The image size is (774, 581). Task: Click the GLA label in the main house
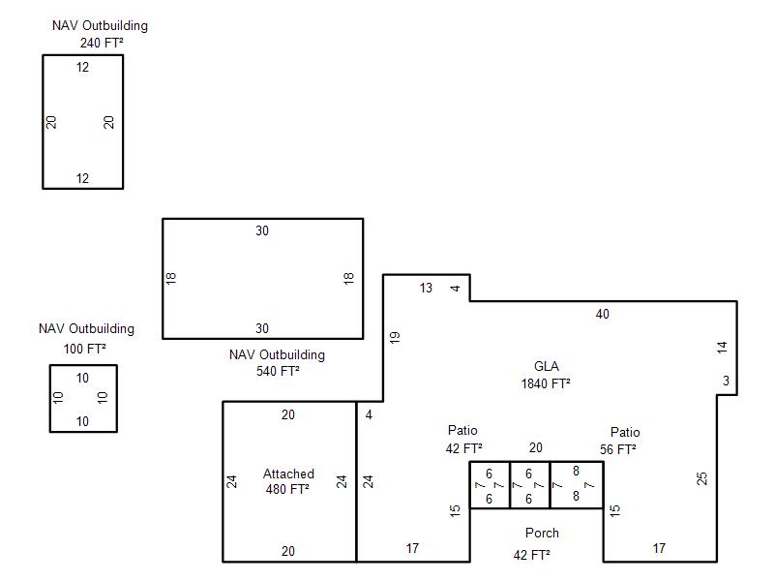[x=547, y=366]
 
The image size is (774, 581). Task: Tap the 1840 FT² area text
[x=546, y=383]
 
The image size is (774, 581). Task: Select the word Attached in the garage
[x=288, y=474]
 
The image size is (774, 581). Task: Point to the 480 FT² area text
[x=287, y=489]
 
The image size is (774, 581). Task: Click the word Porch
[x=542, y=533]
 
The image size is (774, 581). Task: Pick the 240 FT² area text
[x=102, y=43]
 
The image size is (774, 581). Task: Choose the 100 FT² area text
[x=84, y=349]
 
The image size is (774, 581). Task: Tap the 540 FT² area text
[x=278, y=371]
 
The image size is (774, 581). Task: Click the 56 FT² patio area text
[x=617, y=449]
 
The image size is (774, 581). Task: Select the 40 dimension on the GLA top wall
[x=602, y=314]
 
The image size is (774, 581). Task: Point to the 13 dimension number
[x=426, y=288]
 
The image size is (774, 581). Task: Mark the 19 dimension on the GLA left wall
[x=395, y=337]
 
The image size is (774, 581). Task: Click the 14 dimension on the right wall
[x=722, y=348]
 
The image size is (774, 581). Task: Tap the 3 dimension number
[x=726, y=381]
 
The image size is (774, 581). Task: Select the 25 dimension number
[x=702, y=478]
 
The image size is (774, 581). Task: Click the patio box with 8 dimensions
[x=577, y=485]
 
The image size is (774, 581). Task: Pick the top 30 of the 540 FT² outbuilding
[x=262, y=230]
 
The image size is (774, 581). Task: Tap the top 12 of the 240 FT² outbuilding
[x=82, y=67]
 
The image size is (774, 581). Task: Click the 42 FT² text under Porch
[x=531, y=555]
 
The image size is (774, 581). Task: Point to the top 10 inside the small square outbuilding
[x=82, y=378]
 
